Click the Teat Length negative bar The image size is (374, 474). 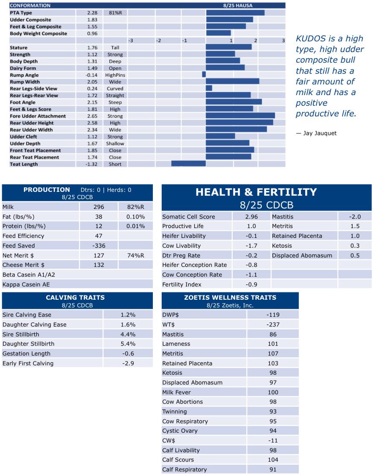coord(188,164)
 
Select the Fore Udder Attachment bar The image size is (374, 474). coord(240,116)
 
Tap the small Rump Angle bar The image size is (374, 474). coord(204,75)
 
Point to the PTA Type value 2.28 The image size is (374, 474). coord(93,13)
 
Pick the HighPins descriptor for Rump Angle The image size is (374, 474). coord(115,75)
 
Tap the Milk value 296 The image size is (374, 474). coord(99,207)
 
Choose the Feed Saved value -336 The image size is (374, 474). coord(99,246)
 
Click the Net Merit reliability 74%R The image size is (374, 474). coord(136,255)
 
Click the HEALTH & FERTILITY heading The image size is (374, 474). coord(256,192)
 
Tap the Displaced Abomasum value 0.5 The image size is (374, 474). coord(355,255)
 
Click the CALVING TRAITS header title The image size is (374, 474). coord(75,298)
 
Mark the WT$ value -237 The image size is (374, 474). coord(273,325)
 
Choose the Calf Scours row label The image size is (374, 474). coord(178,460)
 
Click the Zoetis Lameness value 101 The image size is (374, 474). coord(273,344)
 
